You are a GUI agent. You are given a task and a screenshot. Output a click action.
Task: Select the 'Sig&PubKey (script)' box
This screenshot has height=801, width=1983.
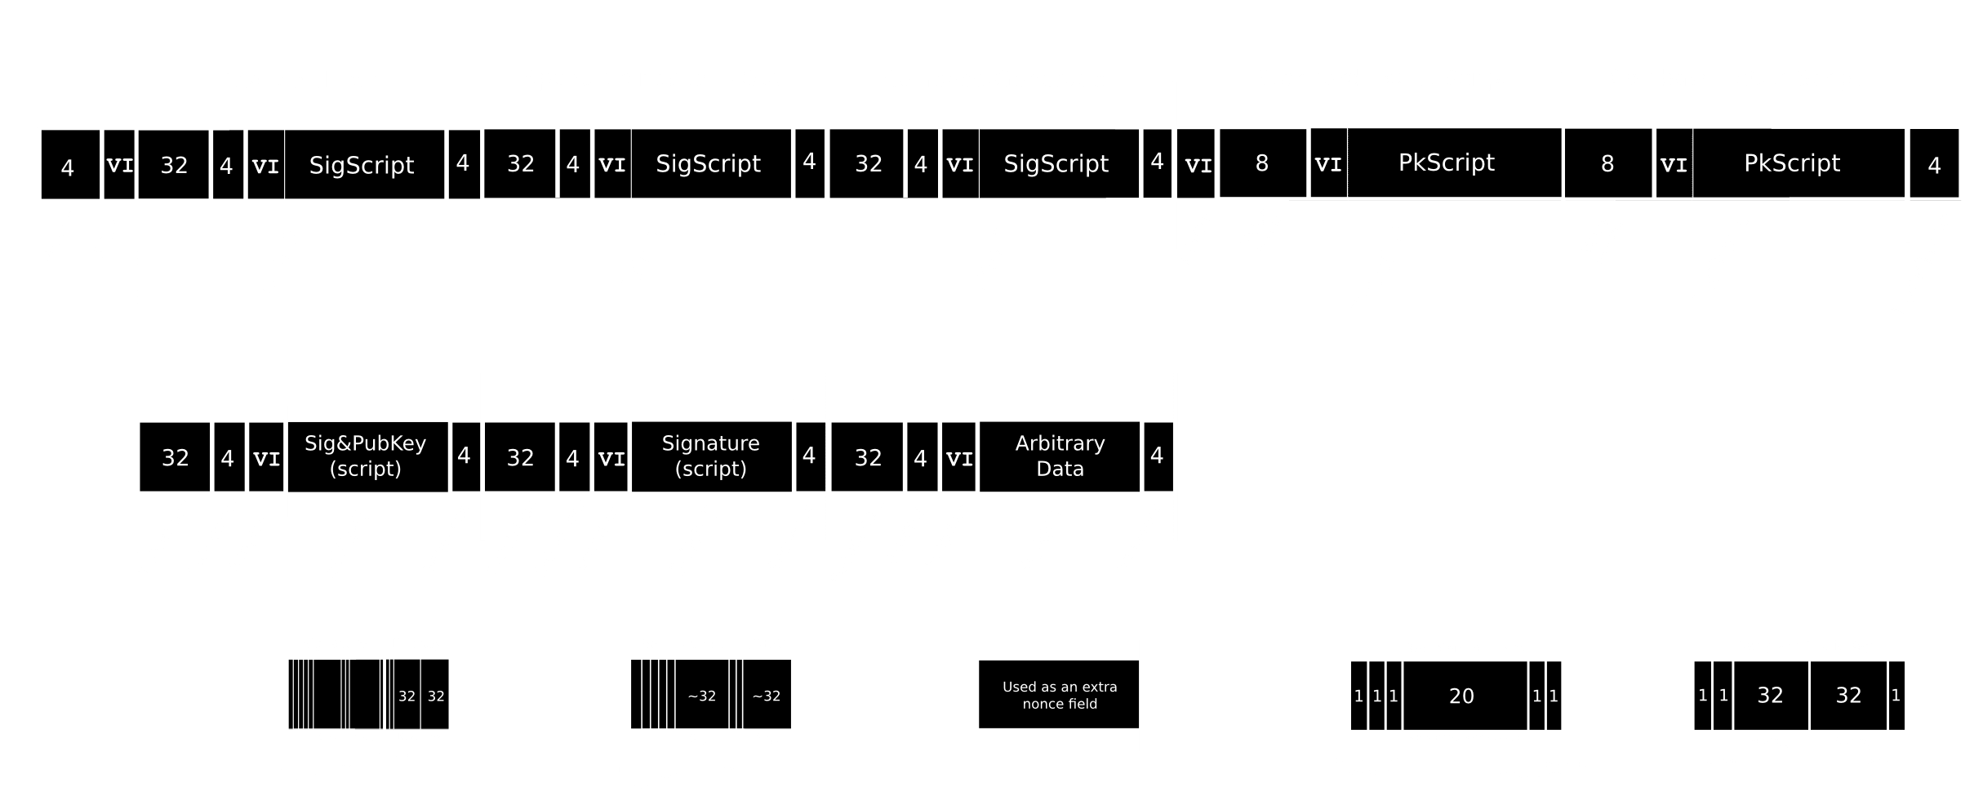pyautogui.click(x=366, y=456)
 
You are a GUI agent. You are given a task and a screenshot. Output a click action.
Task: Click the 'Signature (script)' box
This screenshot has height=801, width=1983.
pyautogui.click(x=710, y=456)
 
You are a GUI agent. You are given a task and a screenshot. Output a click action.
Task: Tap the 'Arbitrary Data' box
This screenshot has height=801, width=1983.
pyautogui.click(x=1060, y=456)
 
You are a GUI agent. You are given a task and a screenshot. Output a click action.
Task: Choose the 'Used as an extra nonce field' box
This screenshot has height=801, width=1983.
pyautogui.click(x=1060, y=695)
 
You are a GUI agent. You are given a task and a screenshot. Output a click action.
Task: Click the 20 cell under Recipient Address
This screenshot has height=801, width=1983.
pyautogui.click(x=1461, y=696)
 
